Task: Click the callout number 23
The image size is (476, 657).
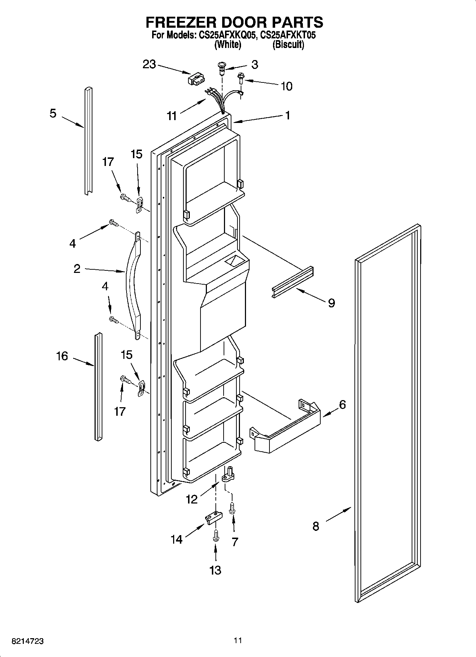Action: [x=149, y=65]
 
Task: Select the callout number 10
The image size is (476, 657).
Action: [x=287, y=86]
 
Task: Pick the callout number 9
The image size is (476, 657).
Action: [x=331, y=303]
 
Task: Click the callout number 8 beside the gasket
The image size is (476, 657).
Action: [x=316, y=526]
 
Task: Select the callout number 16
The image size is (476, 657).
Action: [x=62, y=356]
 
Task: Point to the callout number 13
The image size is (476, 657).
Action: [x=215, y=570]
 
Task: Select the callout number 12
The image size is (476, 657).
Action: [x=192, y=499]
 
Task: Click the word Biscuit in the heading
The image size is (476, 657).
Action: [x=288, y=45]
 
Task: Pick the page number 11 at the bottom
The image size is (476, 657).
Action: [x=238, y=640]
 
